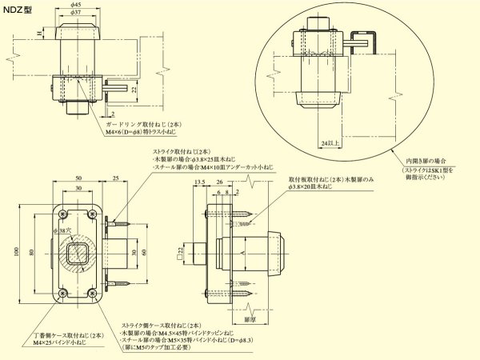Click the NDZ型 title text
click(x=17, y=9)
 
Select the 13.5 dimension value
click(x=200, y=182)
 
